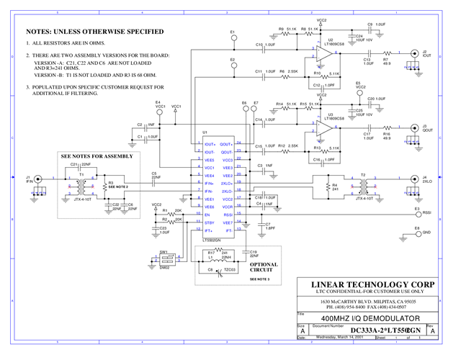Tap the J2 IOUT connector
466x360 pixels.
pos(414,53)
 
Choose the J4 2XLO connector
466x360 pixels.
pos(414,178)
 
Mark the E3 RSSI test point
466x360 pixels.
pos(417,213)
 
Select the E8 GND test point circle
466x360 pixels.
pos(417,233)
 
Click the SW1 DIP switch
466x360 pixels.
pos(165,261)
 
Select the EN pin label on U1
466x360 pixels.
pos(207,215)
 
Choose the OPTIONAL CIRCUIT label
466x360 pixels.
pos(263,267)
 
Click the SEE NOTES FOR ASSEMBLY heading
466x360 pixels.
pos(97,156)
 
